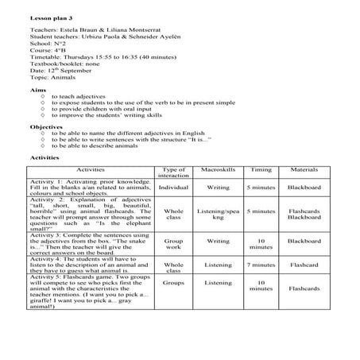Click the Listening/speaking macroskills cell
[x=218, y=215]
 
